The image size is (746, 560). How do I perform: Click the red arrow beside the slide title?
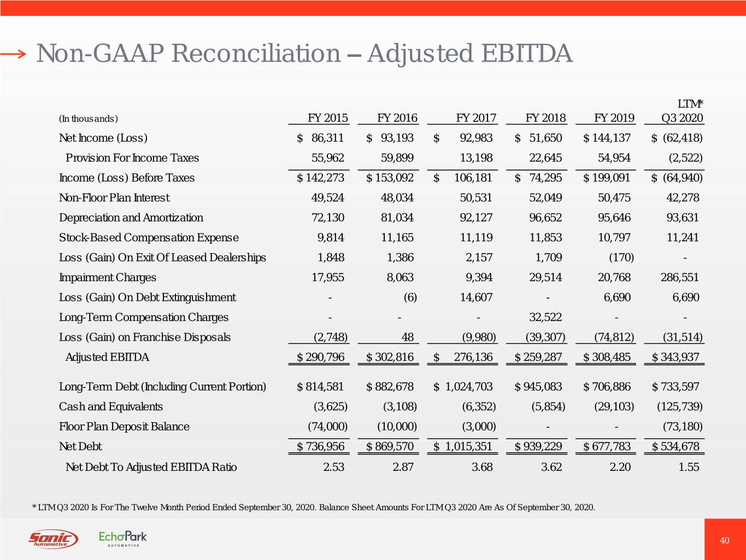pyautogui.click(x=13, y=54)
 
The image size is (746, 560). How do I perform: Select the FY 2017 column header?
pyautogui.click(x=475, y=118)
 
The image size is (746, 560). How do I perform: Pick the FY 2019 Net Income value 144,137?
pyautogui.click(x=607, y=138)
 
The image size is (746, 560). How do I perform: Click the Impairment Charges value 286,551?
pyautogui.click(x=679, y=277)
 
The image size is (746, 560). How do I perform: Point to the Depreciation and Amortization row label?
pyautogui.click(x=131, y=218)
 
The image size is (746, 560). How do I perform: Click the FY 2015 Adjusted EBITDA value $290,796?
pyautogui.click(x=320, y=357)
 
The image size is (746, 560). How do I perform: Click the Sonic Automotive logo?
pyautogui.click(x=53, y=539)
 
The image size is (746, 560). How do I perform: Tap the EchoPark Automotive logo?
pyautogui.click(x=122, y=539)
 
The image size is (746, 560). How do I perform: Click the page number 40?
pyautogui.click(x=724, y=541)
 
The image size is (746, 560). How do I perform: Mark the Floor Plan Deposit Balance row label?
pyautogui.click(x=124, y=427)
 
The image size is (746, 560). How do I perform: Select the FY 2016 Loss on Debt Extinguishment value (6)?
pyautogui.click(x=409, y=297)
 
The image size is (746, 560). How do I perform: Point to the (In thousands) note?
pyautogui.click(x=88, y=119)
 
